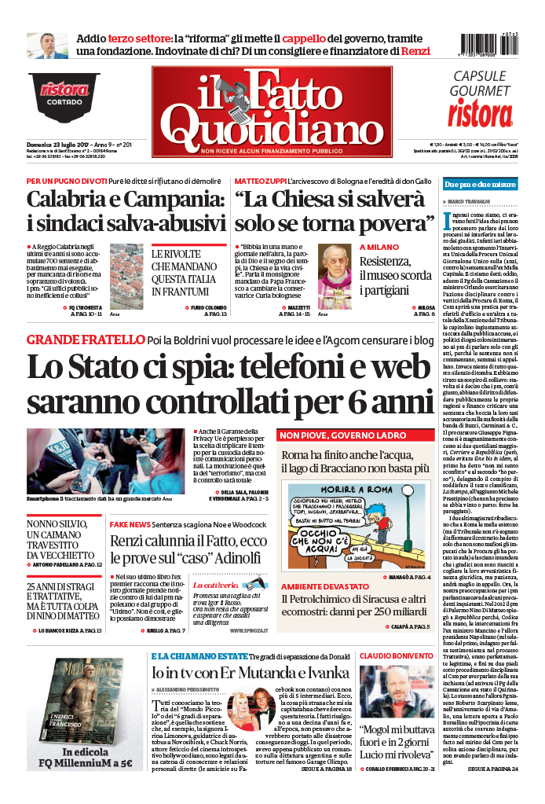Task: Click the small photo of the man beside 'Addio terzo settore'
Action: point(46,46)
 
